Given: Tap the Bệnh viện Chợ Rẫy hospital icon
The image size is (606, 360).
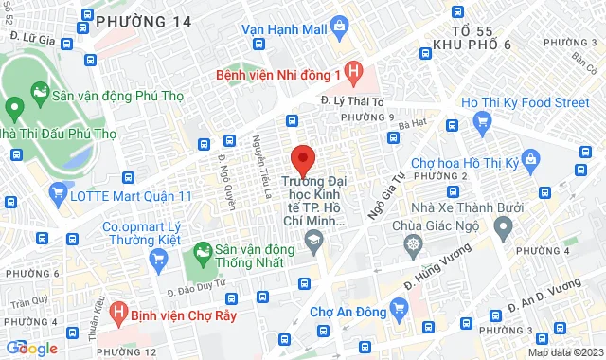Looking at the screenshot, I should (x=119, y=310).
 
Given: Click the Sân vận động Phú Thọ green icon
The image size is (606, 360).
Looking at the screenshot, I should (x=39, y=91).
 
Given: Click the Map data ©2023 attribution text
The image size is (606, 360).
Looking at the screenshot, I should (x=564, y=352).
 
